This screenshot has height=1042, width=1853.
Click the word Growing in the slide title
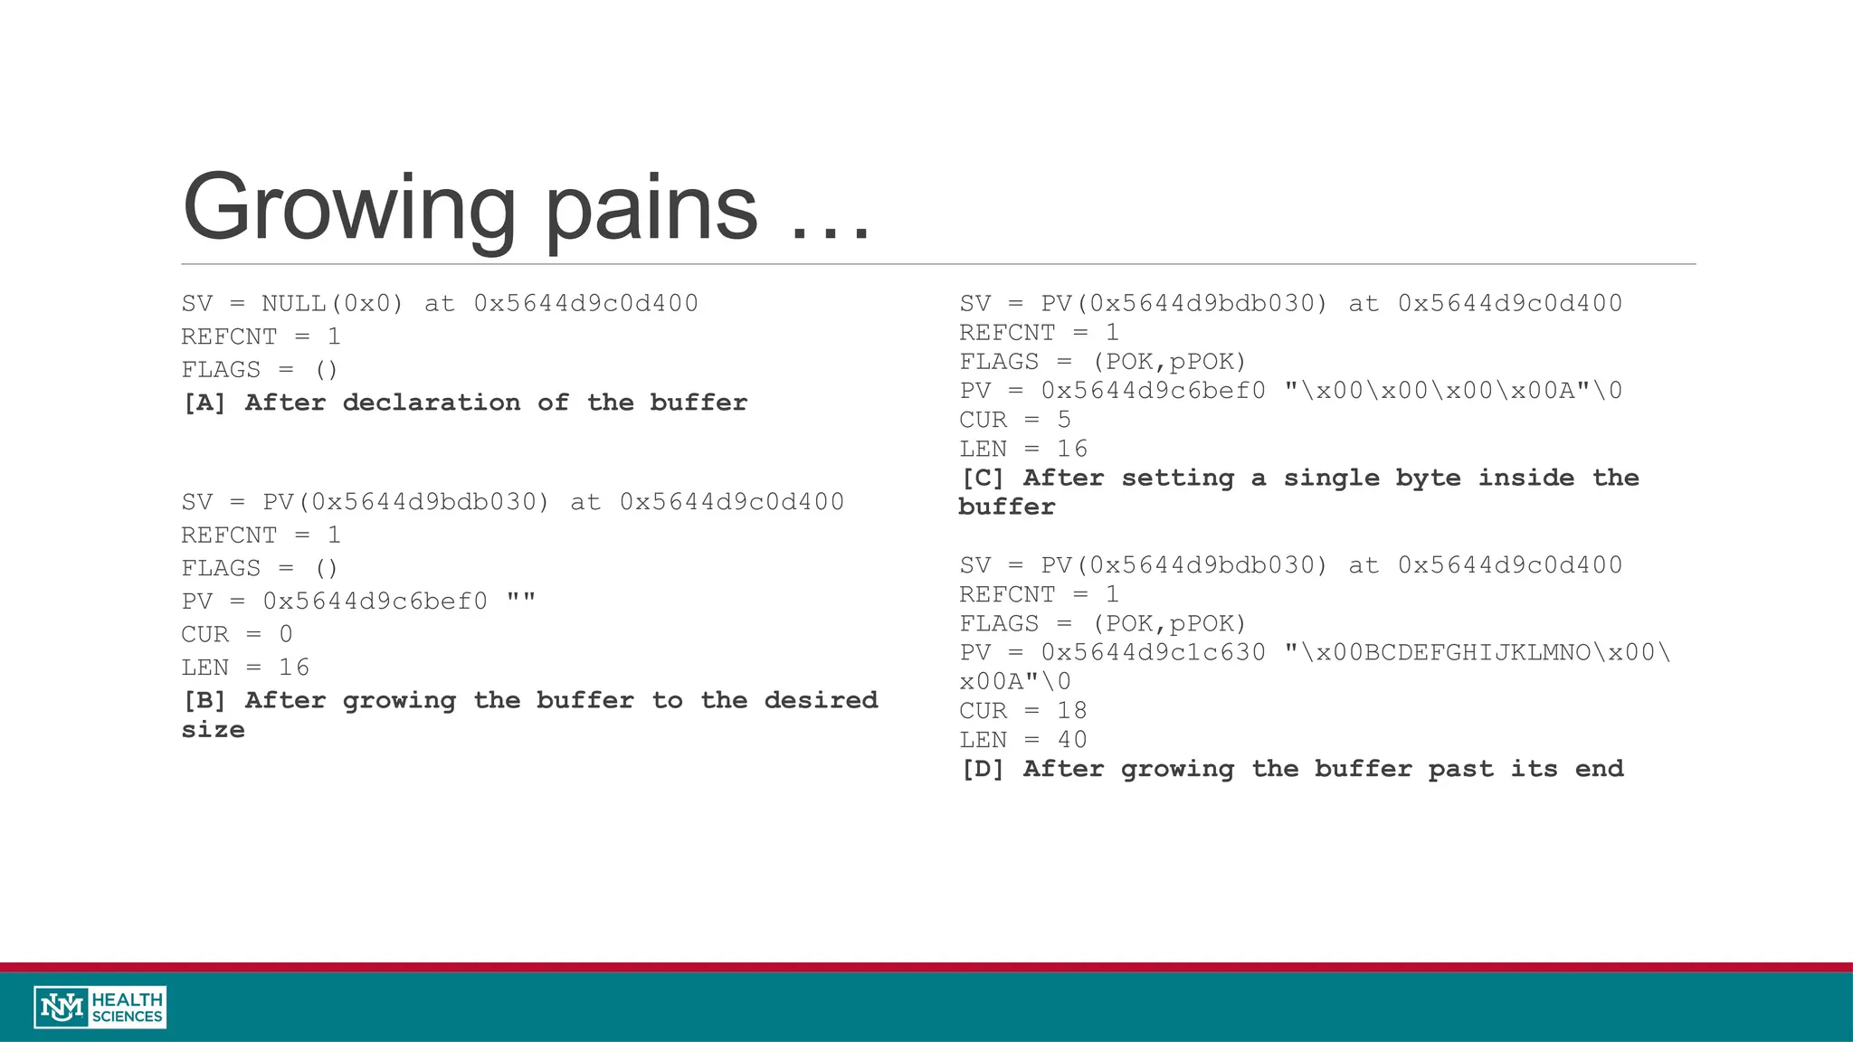click(349, 208)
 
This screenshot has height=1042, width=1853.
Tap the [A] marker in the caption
click(204, 403)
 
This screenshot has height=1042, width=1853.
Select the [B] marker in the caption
click(204, 700)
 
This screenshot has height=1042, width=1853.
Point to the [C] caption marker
click(983, 478)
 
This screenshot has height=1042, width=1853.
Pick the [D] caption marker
click(983, 769)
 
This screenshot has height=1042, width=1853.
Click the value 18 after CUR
click(1072, 711)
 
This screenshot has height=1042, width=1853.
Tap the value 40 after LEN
click(1072, 740)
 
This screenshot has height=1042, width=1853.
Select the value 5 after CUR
click(1064, 420)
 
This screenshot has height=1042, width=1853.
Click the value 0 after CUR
click(286, 634)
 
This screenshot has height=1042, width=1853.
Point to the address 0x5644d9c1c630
click(1153, 652)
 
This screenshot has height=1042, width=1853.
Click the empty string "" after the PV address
click(521, 601)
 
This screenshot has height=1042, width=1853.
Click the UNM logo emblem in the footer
click(62, 1007)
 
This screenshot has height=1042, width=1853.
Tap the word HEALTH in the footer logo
click(128, 999)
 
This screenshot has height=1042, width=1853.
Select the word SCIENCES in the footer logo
click(128, 1017)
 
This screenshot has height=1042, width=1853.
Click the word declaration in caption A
click(432, 403)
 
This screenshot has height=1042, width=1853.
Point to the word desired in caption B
click(821, 700)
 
